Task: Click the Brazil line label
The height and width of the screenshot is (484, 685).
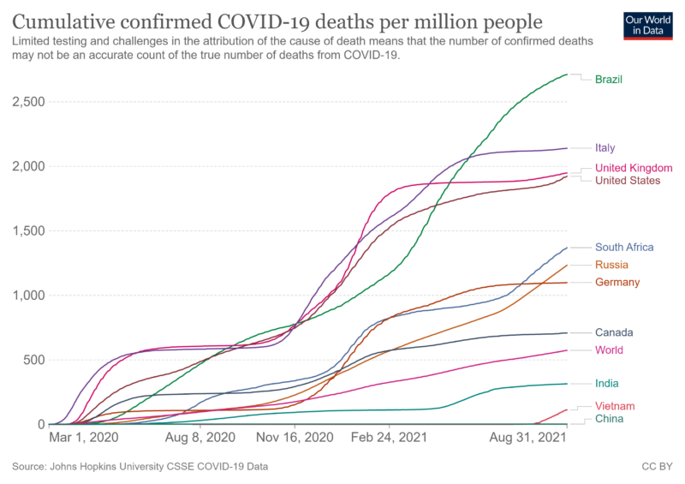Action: [609, 80]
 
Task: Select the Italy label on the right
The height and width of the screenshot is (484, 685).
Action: [605, 148]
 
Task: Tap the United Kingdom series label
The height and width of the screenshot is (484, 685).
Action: [634, 168]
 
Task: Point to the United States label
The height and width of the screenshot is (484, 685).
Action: [627, 181]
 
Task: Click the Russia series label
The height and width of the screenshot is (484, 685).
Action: [611, 265]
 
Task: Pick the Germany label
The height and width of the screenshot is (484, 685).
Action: [617, 283]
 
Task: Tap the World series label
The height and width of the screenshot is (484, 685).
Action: [609, 350]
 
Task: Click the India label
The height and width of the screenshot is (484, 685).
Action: [606, 384]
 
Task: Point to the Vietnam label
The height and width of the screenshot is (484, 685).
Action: [614, 406]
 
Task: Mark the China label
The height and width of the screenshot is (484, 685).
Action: [609, 419]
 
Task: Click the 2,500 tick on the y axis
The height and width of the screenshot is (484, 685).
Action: [28, 102]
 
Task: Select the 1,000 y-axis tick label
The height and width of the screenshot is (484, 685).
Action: [28, 296]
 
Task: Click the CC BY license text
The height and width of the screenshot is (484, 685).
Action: [656, 467]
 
